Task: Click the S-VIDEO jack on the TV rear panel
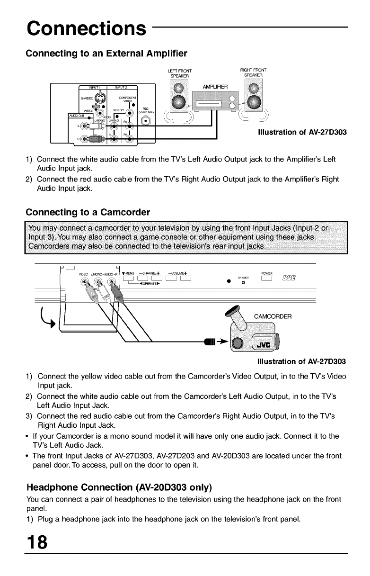coord(100,99)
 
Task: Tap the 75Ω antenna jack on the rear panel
coord(146,120)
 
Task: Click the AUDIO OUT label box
coord(76,115)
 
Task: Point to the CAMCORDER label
coord(273,316)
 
